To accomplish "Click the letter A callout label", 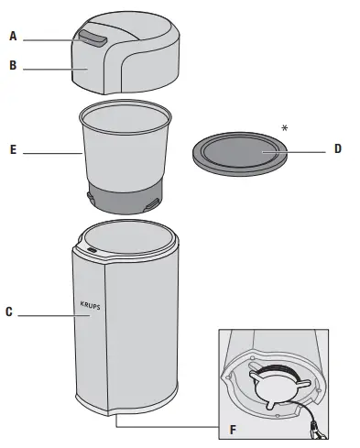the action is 13,36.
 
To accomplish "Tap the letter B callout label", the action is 13,65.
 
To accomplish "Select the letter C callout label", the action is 9,311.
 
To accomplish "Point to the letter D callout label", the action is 337,148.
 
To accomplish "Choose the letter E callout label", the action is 13,149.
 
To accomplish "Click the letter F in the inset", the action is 233,430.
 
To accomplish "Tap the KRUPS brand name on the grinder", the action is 90,305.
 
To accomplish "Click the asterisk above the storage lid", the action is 285,128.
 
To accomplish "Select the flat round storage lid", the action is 240,154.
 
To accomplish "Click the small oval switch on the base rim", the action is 92,250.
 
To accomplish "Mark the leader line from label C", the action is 54,315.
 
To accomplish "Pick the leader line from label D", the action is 293,152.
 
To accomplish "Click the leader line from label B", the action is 56,70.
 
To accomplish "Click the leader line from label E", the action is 53,153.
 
